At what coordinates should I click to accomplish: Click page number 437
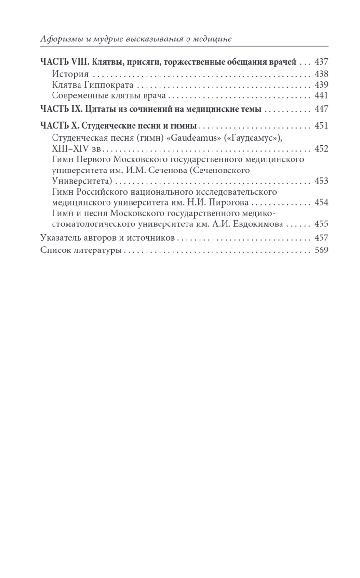click(x=321, y=62)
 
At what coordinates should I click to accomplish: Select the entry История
click(x=70, y=74)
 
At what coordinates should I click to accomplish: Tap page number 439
click(x=321, y=85)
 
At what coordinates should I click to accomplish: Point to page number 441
click(x=321, y=95)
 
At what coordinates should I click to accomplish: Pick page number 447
click(x=321, y=109)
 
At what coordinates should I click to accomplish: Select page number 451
click(x=321, y=126)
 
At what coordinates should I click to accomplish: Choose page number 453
click(x=321, y=181)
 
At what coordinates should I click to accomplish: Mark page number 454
click(x=321, y=202)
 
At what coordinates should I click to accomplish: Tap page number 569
click(x=321, y=250)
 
